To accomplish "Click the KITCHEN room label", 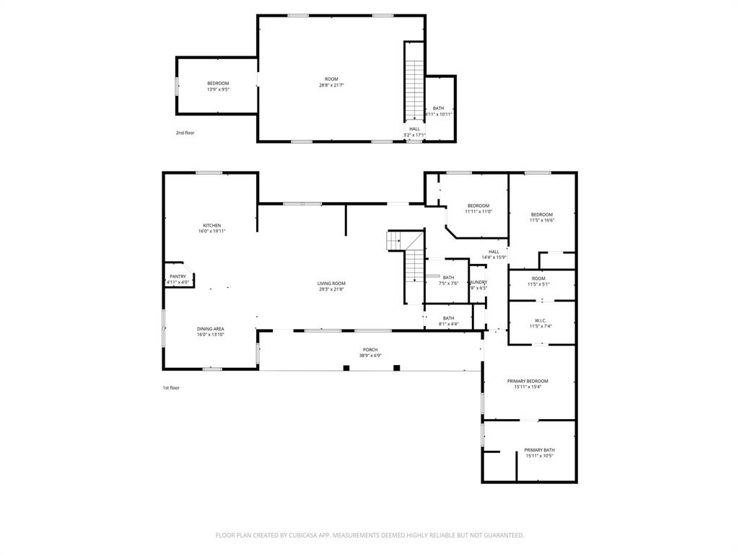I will tap(211, 225).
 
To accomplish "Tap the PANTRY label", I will tap(178, 276).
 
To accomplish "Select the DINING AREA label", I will tap(210, 329).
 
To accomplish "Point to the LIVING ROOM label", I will tap(331, 283).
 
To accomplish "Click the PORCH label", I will tap(369, 350).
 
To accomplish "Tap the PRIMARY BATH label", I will tap(539, 450).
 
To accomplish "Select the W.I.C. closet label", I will tap(541, 320).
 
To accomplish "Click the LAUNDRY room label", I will tap(478, 282).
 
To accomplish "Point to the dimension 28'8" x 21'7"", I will tap(331, 85).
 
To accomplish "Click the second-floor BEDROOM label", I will tap(218, 84).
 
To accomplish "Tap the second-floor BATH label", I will tap(438, 107).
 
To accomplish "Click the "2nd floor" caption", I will tap(185, 133).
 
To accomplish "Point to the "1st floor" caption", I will tap(170, 388).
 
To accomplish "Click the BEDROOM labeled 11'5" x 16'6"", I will tap(541, 214).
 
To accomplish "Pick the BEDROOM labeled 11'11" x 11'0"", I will tap(478, 206).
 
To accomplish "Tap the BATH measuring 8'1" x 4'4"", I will tap(448, 318).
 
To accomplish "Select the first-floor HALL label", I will tap(494, 252).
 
